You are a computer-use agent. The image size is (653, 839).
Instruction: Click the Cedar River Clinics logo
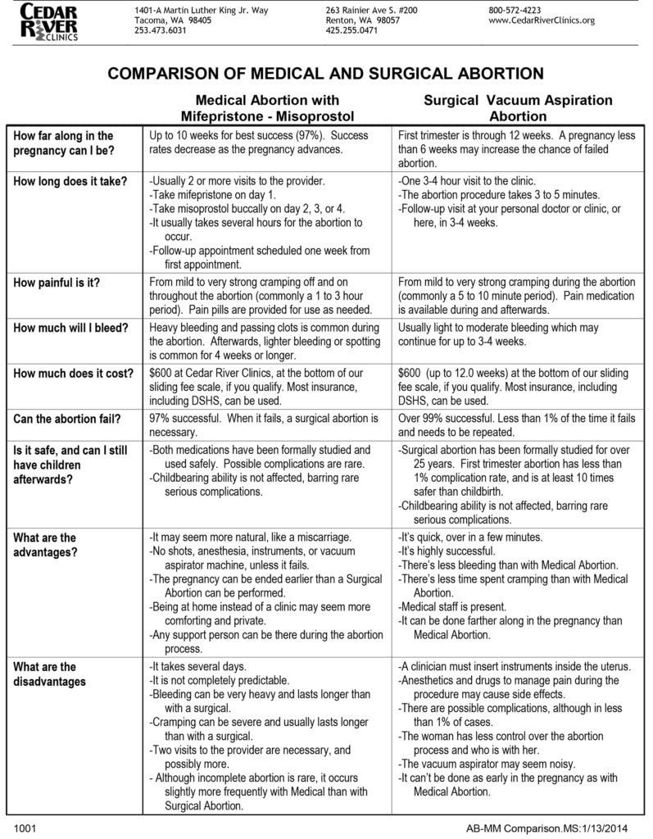coord(51,22)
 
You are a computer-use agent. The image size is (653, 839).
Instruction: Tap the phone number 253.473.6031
coord(160,30)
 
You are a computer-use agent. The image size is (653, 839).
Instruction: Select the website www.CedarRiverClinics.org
coord(542,20)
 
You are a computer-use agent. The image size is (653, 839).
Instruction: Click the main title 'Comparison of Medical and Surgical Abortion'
coord(326,74)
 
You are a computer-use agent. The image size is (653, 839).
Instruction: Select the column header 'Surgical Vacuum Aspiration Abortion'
coord(518,108)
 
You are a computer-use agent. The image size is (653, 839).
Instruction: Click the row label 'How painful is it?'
coord(57,283)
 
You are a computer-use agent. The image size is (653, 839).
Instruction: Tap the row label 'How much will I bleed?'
coord(71,329)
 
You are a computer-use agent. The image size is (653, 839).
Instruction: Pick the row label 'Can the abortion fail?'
coord(68,419)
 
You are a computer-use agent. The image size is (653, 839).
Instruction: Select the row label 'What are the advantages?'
coord(47,545)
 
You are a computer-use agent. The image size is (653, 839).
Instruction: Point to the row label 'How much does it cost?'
coord(74,374)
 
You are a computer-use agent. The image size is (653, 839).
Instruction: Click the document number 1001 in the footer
coord(25,828)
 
